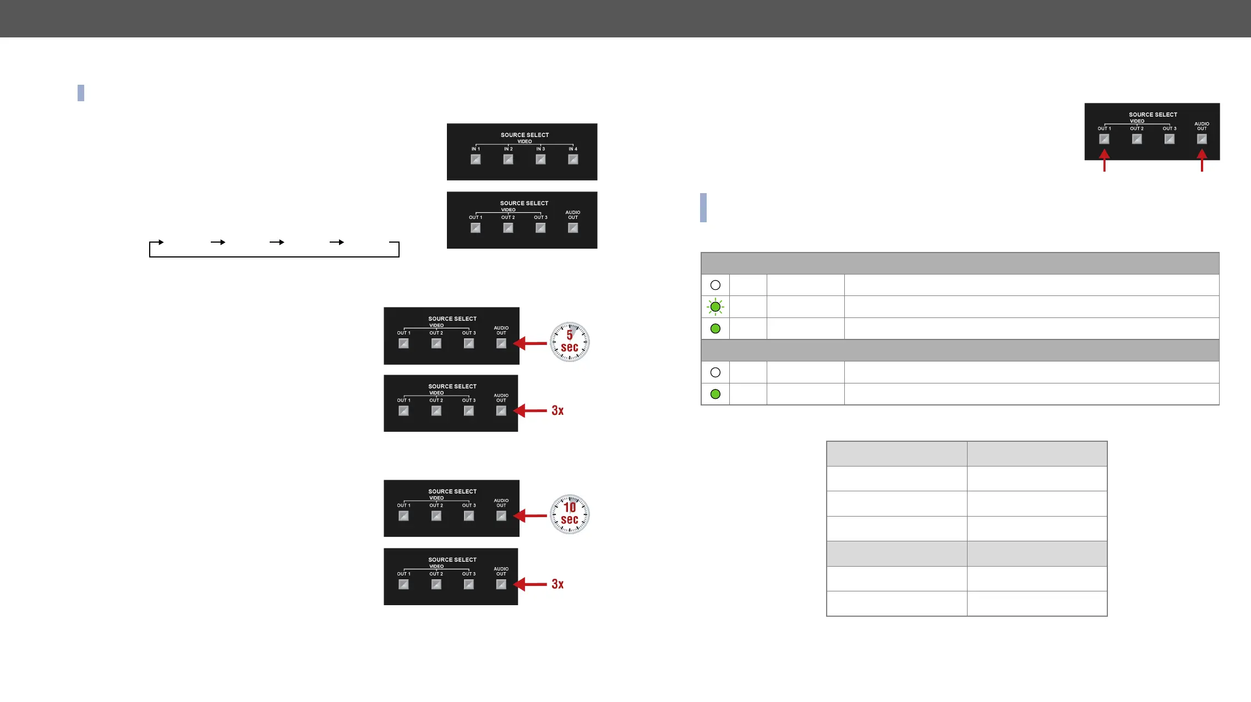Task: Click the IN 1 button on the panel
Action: click(476, 160)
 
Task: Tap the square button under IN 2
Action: click(508, 160)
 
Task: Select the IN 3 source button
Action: click(540, 160)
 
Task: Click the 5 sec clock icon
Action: click(570, 342)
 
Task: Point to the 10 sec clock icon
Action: click(570, 514)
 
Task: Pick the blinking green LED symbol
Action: click(715, 307)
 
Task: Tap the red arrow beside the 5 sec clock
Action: click(529, 343)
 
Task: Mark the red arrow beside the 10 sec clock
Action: click(529, 516)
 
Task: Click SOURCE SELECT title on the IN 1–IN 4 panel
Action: click(525, 135)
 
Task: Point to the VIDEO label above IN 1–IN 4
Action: click(525, 141)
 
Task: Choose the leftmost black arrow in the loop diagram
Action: click(159, 242)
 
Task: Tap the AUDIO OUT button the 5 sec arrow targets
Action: click(501, 343)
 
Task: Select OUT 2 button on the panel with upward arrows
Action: click(1137, 139)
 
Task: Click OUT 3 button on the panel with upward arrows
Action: click(1169, 139)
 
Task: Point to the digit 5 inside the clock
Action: click(570, 335)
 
